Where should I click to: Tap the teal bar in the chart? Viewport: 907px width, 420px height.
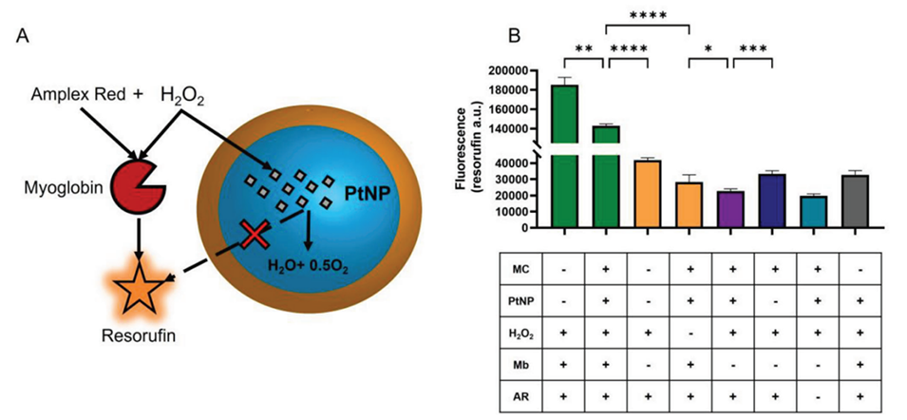813,211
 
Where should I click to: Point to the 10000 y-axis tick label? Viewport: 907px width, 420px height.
515,211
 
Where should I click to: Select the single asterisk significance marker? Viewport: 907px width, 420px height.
709,48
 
